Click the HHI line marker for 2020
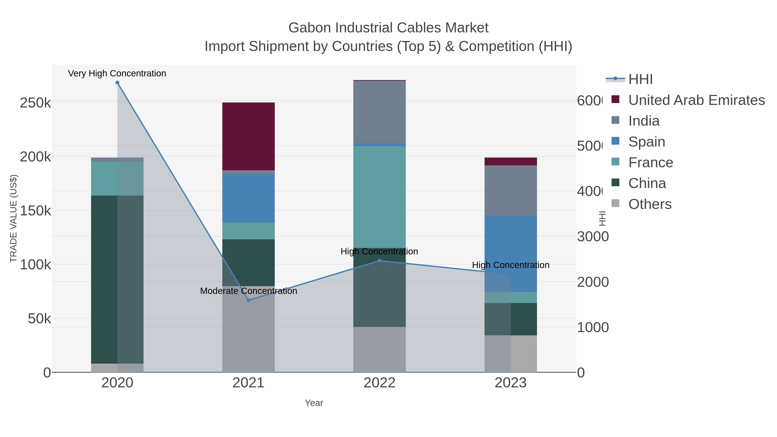click(x=117, y=83)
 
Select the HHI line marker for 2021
click(x=249, y=300)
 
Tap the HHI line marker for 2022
click(x=379, y=260)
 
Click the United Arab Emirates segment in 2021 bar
click(x=249, y=136)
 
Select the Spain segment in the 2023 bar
click(x=510, y=254)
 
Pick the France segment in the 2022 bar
click(x=379, y=197)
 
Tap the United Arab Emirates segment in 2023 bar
click(x=510, y=161)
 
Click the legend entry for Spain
click(x=646, y=142)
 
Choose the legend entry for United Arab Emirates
click(x=696, y=100)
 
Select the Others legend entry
click(x=650, y=204)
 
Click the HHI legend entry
click(x=640, y=79)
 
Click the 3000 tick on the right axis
click(x=593, y=237)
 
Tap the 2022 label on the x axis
click(x=379, y=383)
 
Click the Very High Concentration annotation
click(x=117, y=73)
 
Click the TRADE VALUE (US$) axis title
click(x=13, y=218)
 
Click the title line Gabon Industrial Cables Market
click(x=388, y=28)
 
